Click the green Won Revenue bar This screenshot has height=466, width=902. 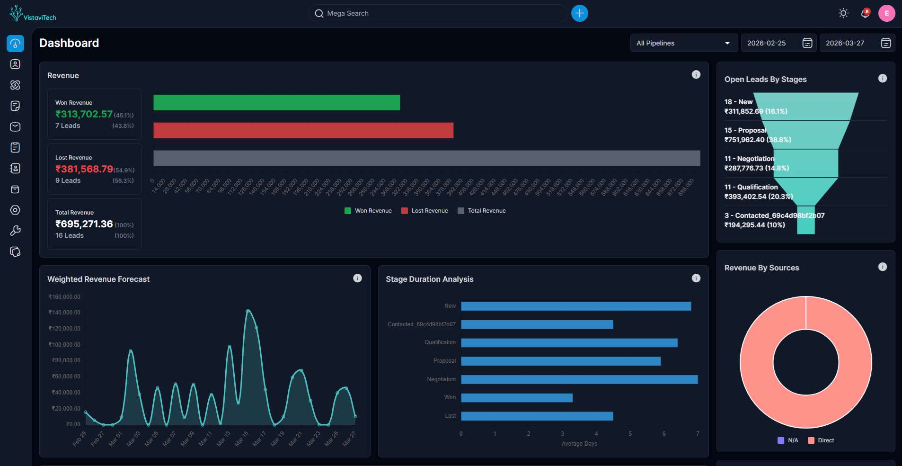click(276, 103)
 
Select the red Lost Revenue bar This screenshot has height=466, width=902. click(303, 130)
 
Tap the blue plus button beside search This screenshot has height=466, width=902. click(579, 13)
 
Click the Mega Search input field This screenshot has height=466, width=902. click(438, 13)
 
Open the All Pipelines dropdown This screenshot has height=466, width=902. click(683, 43)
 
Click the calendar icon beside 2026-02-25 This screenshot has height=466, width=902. click(807, 43)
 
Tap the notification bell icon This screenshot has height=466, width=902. click(865, 13)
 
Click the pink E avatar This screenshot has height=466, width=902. click(886, 13)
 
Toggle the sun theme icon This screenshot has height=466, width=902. click(843, 13)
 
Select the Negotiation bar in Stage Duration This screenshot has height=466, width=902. click(579, 379)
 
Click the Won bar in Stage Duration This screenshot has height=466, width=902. click(516, 398)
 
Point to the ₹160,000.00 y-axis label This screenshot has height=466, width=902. click(64, 297)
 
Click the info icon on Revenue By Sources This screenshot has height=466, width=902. click(882, 267)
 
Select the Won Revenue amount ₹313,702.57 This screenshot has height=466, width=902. click(84, 114)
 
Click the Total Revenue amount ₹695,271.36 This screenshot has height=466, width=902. click(84, 224)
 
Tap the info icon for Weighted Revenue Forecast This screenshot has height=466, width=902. click(357, 278)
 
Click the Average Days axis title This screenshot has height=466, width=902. click(579, 444)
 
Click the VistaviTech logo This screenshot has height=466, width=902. click(33, 14)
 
